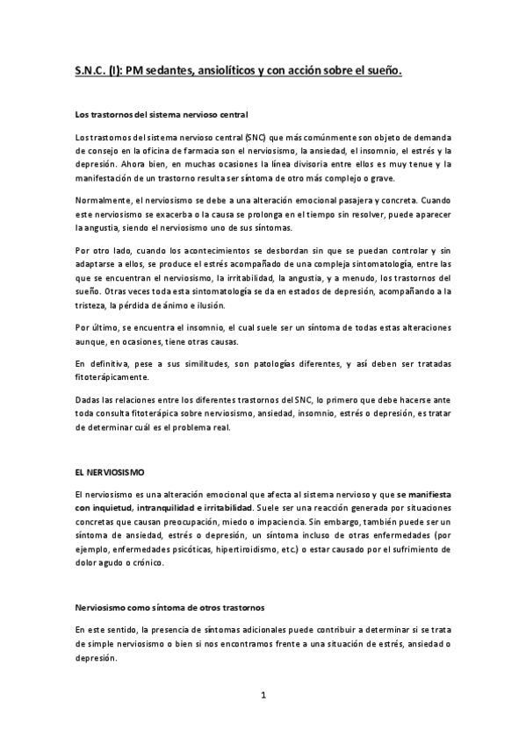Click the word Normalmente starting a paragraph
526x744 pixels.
click(x=104, y=200)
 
